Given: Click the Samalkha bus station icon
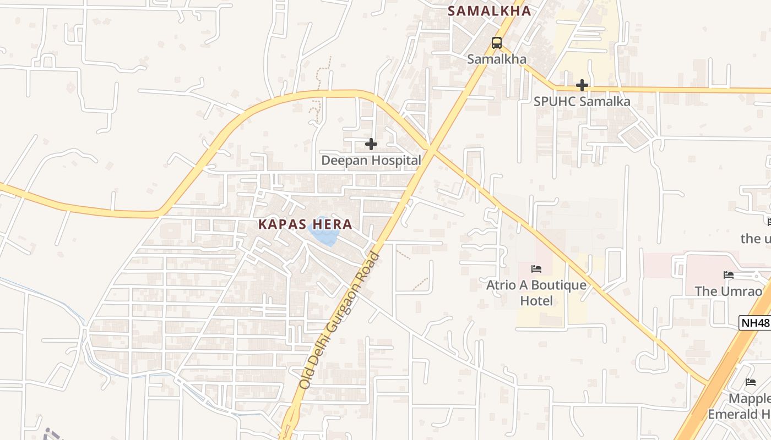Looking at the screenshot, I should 497,42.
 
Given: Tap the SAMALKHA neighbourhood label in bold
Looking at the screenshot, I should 489,11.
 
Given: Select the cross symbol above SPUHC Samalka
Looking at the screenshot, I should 582,85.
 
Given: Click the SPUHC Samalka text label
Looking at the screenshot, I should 582,102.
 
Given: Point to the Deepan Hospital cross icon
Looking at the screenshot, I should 371,144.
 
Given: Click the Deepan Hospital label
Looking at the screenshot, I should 371,161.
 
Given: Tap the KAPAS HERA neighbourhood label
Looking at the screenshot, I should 305,224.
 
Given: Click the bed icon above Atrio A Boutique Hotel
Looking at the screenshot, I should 536,269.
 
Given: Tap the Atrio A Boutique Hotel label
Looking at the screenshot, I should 536,293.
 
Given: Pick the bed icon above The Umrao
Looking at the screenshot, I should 729,275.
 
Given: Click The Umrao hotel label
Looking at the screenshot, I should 729,291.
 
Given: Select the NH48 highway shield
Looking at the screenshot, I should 755,323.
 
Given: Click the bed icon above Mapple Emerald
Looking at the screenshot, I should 751,382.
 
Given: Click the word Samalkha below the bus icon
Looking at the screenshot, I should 497,59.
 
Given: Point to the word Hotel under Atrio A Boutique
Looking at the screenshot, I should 536,301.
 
